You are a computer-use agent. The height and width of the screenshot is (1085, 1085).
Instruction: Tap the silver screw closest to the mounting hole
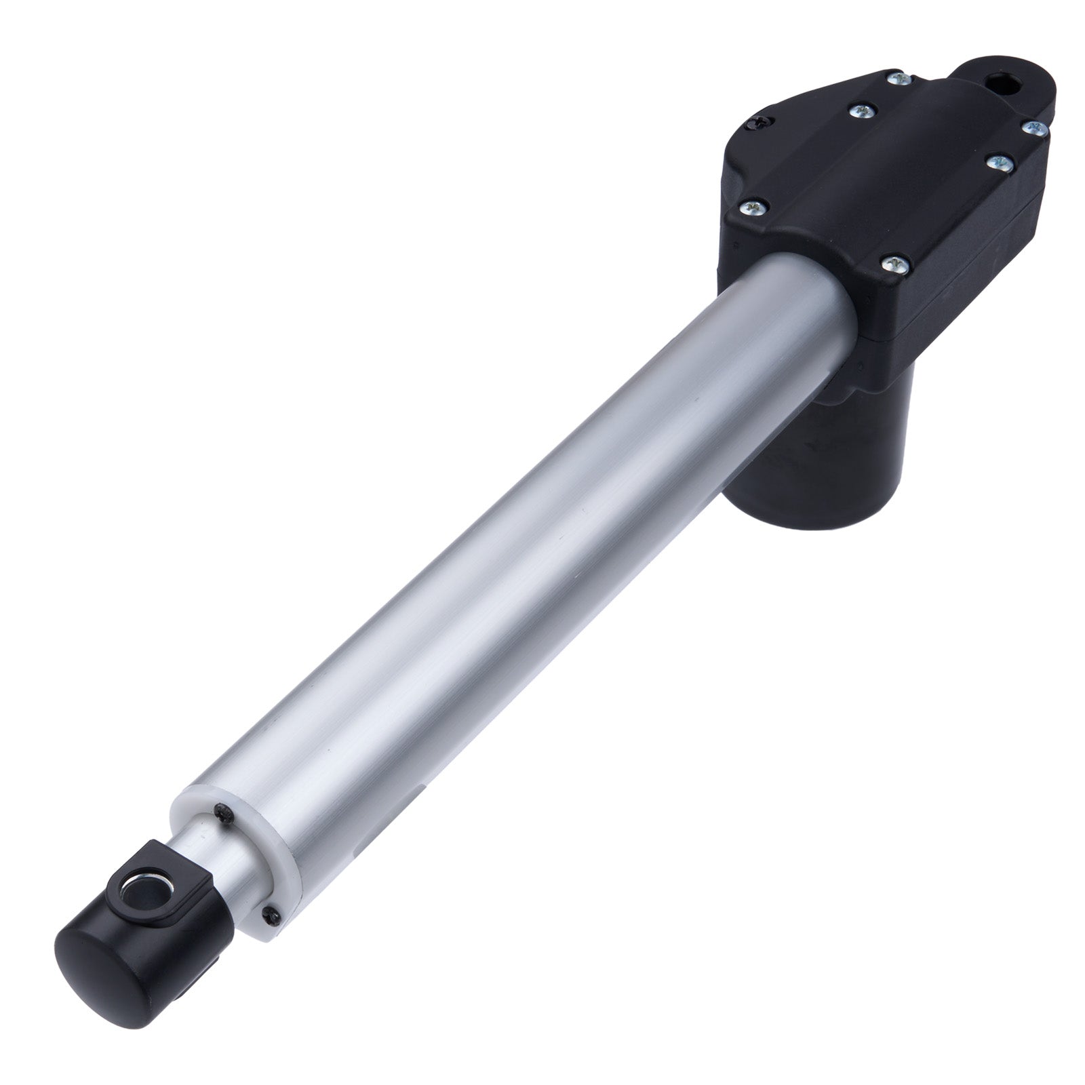897,78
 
